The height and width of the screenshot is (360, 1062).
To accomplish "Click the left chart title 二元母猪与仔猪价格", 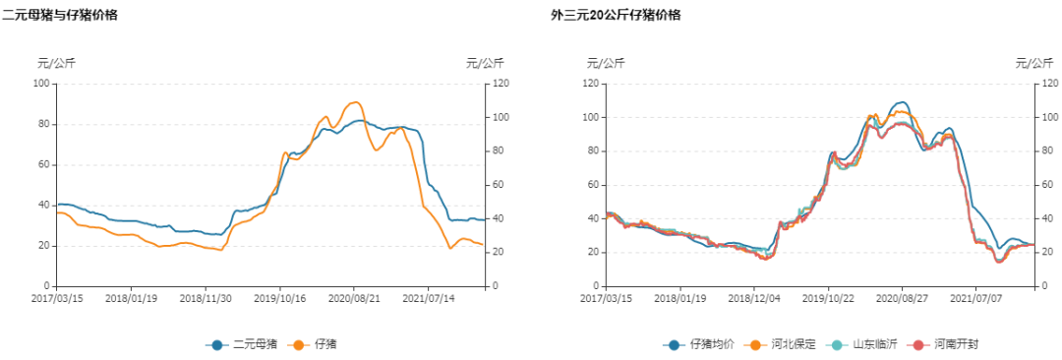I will pyautogui.click(x=60, y=15).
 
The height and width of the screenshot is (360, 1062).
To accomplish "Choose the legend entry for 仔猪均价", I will pyautogui.click(x=699, y=344).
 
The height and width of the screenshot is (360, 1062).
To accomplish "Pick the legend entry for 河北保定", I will pyautogui.click(x=783, y=344).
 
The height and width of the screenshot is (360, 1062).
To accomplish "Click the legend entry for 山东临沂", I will pyautogui.click(x=864, y=344).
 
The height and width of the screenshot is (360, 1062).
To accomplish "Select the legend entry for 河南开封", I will pyautogui.click(x=946, y=344).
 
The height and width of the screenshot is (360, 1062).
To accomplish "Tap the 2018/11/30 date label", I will pyautogui.click(x=206, y=298).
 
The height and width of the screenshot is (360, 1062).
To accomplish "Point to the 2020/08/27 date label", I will pyautogui.click(x=903, y=298).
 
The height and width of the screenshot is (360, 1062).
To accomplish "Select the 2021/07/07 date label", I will pyautogui.click(x=975, y=298).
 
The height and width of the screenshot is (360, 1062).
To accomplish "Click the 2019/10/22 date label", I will pyautogui.click(x=829, y=298).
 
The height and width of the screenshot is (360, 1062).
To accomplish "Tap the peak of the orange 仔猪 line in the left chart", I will pyautogui.click(x=354, y=102).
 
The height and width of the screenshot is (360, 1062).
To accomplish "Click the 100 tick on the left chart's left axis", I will pyautogui.click(x=41, y=84).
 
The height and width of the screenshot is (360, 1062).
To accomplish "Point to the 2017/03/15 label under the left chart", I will pyautogui.click(x=58, y=298).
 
